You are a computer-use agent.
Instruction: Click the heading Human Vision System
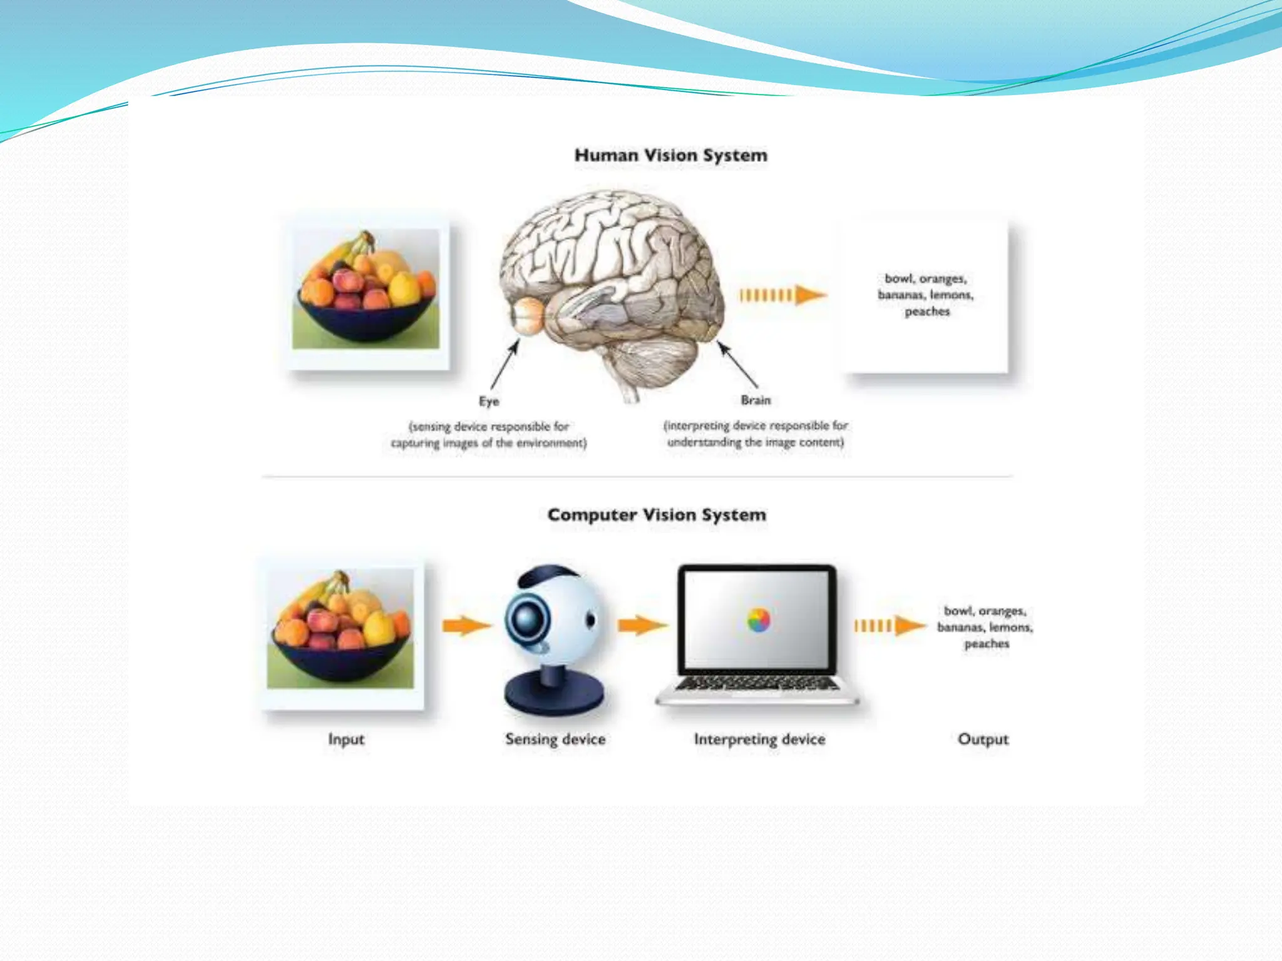[670, 155]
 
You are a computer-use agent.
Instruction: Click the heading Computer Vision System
[657, 515]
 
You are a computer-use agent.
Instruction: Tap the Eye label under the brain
[489, 401]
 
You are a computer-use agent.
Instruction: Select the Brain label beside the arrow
[756, 400]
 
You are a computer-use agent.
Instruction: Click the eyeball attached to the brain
[527, 315]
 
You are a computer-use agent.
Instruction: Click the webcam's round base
[554, 695]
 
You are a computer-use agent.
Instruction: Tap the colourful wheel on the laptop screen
[759, 620]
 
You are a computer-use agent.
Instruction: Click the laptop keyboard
[757, 684]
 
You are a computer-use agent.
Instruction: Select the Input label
[346, 740]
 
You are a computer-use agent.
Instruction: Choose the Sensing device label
[555, 740]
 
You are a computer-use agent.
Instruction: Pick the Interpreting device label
[759, 740]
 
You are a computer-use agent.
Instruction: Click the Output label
[983, 740]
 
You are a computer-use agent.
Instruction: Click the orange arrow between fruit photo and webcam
[466, 625]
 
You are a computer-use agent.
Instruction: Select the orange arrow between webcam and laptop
[642, 625]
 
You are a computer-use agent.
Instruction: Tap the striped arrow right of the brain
[782, 295]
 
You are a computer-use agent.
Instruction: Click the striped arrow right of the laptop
[890, 625]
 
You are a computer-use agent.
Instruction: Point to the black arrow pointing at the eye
[505, 365]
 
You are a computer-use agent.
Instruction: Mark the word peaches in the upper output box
[927, 312]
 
